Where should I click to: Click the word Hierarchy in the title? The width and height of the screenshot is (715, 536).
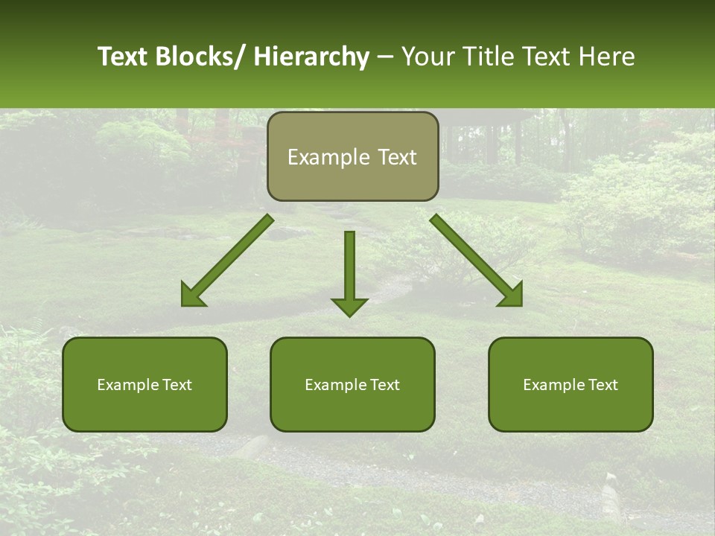pyautogui.click(x=311, y=57)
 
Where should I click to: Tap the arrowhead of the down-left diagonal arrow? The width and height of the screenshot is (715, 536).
pyautogui.click(x=193, y=295)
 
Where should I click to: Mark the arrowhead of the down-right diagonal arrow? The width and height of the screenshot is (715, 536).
pyautogui.click(x=511, y=295)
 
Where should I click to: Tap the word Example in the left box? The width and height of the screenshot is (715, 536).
pyautogui.click(x=127, y=385)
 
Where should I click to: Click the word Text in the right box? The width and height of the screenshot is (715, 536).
pyautogui.click(x=603, y=385)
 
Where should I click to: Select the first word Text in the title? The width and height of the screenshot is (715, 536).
pyautogui.click(x=123, y=57)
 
